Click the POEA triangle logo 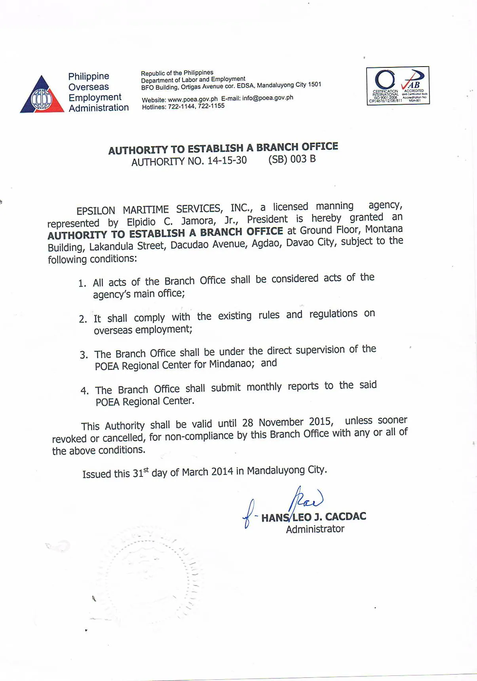[x=42, y=96]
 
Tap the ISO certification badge [x=398, y=86]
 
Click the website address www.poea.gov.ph [x=192, y=99]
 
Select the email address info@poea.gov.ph [x=268, y=98]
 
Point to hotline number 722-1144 [x=181, y=107]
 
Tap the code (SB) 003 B [x=292, y=159]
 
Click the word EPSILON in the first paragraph [x=96, y=210]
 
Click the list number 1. [x=82, y=283]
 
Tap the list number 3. [x=84, y=355]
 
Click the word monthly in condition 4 [x=264, y=387]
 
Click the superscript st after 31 [x=146, y=470]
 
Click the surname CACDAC [x=345, y=516]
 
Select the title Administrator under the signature [x=315, y=529]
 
